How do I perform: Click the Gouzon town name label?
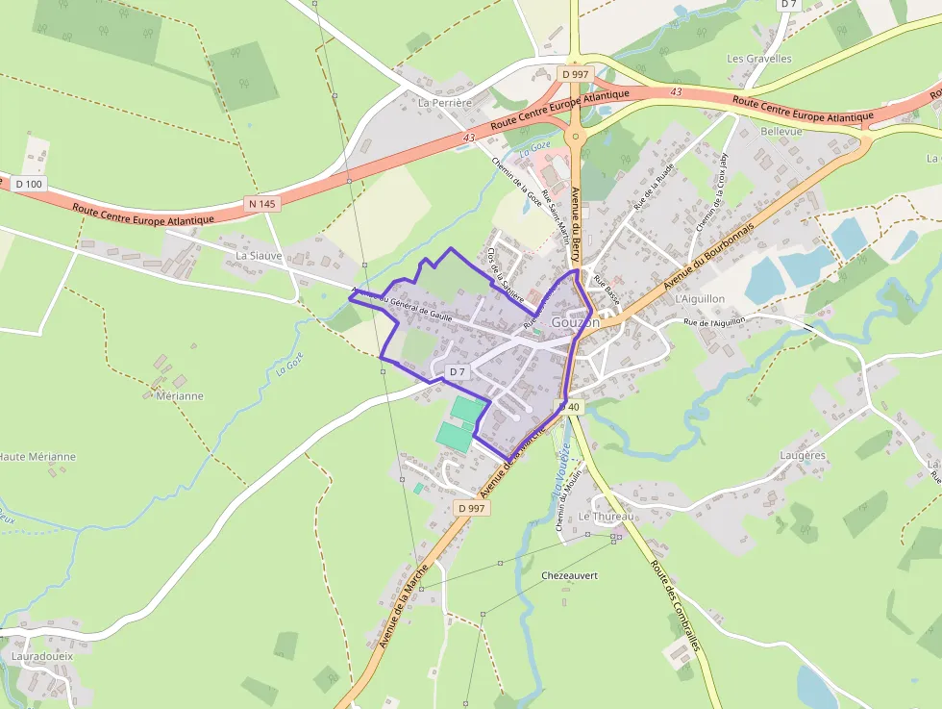coord(576,322)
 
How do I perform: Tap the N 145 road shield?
coord(260,203)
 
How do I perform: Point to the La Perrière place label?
coord(445,101)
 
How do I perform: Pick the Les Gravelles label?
coord(759,59)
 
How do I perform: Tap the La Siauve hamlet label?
coord(259,256)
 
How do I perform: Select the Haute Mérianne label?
coord(37,456)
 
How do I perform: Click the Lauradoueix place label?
coord(42,655)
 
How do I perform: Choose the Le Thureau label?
coord(606,517)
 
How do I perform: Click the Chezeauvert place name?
coord(570,574)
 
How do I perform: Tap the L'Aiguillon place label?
coord(701,299)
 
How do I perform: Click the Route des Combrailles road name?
coord(675,607)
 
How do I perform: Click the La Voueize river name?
coord(560,471)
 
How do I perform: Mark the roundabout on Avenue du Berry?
coord(576,138)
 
